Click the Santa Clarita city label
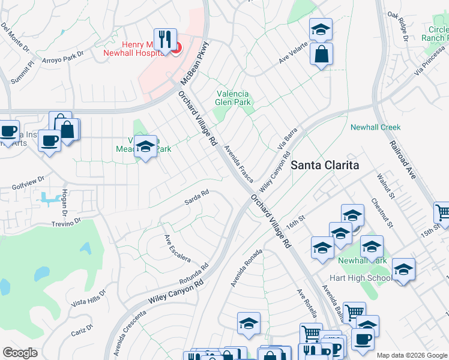click(325, 165)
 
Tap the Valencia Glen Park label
click(234, 98)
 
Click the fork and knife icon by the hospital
click(164, 40)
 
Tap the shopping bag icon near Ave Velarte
click(322, 55)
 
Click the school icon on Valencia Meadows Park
click(145, 146)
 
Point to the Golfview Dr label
click(28, 182)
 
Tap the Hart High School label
click(361, 278)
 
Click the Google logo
click(20, 353)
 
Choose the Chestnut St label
click(382, 214)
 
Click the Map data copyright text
click(412, 355)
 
